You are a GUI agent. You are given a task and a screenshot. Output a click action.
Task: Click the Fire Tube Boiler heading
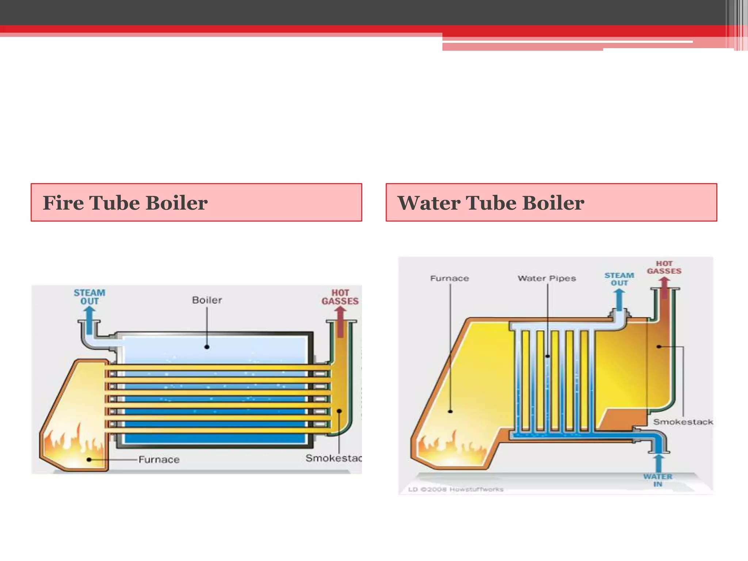[125, 203]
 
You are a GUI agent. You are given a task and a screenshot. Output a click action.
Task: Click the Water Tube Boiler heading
[491, 203]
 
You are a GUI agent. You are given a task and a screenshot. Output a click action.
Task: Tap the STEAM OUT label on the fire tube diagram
[89, 297]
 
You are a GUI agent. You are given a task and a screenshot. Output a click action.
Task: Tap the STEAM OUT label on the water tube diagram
[619, 279]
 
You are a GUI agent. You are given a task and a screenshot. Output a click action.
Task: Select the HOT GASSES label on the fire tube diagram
[340, 297]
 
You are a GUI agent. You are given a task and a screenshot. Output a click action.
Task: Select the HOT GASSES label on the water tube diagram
[664, 267]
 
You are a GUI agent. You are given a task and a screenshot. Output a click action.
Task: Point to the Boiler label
[207, 300]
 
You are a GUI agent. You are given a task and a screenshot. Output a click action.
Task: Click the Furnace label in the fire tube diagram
[159, 459]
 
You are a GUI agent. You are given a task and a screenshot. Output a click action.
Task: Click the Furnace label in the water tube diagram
[449, 278]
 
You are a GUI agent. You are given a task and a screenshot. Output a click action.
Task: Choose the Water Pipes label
[546, 278]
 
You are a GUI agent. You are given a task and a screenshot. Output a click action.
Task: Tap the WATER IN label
[658, 480]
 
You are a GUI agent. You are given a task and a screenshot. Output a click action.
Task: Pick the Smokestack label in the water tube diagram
[683, 422]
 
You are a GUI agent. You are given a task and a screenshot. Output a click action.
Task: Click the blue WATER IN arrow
[659, 463]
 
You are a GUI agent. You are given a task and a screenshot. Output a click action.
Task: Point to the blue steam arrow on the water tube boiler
[619, 299]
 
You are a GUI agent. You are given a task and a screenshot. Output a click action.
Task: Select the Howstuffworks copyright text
[455, 489]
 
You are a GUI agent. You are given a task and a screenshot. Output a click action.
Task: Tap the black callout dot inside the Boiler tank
[207, 347]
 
